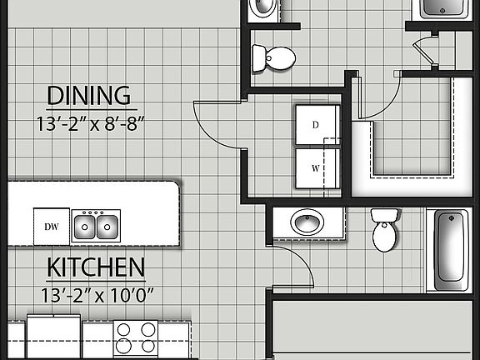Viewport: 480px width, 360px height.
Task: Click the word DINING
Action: (x=89, y=94)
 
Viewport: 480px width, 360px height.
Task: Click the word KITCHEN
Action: (x=96, y=268)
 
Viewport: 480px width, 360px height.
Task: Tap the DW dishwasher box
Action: (x=50, y=225)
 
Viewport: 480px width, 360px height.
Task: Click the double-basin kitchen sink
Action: (x=94, y=225)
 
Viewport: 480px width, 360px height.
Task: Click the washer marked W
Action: (x=316, y=167)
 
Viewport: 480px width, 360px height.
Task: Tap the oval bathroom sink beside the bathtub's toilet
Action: (x=307, y=222)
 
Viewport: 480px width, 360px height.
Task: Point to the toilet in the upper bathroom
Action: (x=275, y=57)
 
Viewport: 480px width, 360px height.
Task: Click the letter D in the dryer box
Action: (x=316, y=125)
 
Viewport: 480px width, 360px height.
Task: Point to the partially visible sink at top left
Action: (x=264, y=8)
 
